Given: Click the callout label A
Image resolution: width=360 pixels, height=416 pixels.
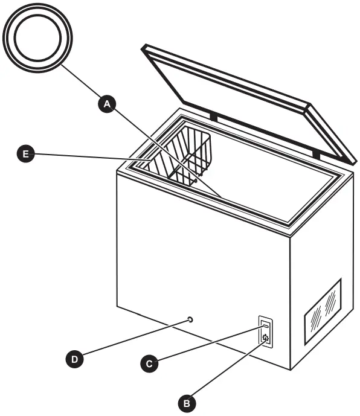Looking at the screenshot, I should point(107,104).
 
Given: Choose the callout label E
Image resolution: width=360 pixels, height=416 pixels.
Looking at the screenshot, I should point(25,155).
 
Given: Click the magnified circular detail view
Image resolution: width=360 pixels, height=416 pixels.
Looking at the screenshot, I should point(37,37).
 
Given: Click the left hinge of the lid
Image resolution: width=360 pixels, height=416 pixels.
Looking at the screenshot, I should point(213,114).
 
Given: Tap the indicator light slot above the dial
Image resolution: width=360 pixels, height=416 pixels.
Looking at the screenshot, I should point(265,325).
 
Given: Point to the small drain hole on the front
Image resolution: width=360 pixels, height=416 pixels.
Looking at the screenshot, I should point(190,318).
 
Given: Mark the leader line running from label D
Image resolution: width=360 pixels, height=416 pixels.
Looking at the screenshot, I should point(133,339).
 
